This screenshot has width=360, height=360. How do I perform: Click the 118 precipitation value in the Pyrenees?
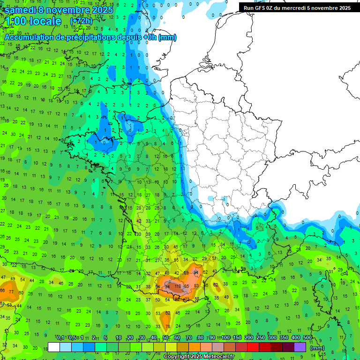(178, 286)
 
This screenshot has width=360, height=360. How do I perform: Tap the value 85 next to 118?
(187, 286)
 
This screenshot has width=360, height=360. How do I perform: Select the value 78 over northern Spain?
(167, 326)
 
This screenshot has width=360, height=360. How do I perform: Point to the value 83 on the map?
(196, 286)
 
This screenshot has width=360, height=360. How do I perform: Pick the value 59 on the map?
(186, 272)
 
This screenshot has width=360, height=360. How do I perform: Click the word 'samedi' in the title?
(21, 10)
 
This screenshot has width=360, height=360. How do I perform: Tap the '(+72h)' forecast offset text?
(81, 21)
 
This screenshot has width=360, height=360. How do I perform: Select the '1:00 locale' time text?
(33, 22)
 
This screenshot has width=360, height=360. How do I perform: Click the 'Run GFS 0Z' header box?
(296, 7)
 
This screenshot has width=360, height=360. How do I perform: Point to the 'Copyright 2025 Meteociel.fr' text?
(199, 356)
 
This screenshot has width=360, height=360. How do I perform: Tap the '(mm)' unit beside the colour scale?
(317, 348)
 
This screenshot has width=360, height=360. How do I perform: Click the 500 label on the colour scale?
(307, 338)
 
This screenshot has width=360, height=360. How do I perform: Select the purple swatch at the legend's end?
(300, 347)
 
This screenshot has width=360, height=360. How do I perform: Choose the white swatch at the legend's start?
(54, 347)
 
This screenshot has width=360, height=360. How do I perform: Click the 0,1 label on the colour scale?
(60, 338)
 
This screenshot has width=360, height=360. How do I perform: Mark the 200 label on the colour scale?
(248, 338)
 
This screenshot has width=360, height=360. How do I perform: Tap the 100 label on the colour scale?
(225, 338)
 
